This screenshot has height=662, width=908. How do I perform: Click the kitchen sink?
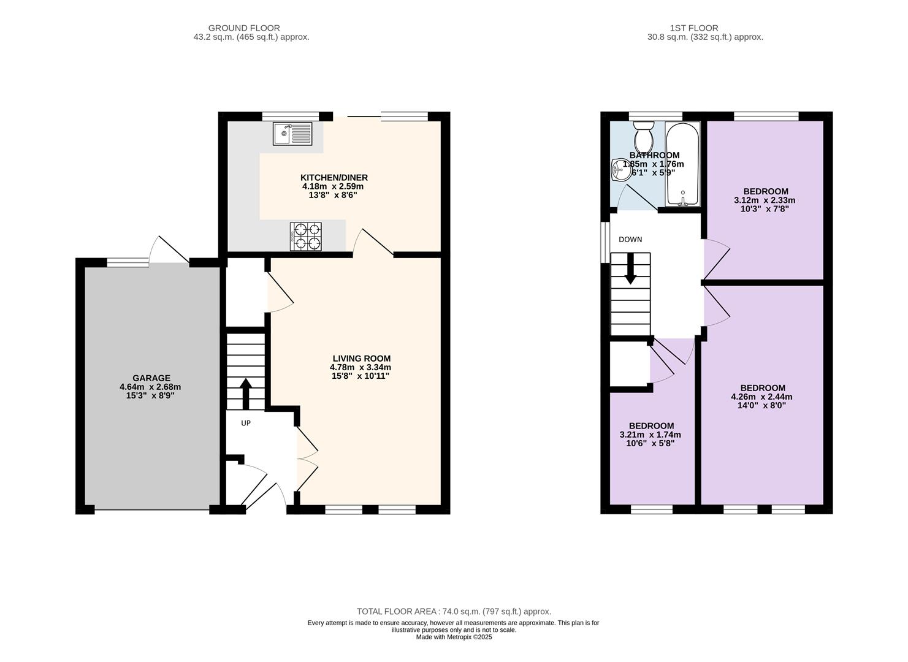tap(292, 134)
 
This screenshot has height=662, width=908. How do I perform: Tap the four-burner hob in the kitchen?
tap(306, 237)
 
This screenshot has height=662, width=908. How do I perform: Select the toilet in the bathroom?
tap(643, 135)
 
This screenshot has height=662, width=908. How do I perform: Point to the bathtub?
tap(682, 164)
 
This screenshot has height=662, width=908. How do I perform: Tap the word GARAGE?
tap(151, 378)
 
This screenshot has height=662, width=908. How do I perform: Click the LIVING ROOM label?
tap(362, 359)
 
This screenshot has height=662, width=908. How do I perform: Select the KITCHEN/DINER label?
tap(334, 178)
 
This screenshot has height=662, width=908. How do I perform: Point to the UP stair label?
tap(246, 423)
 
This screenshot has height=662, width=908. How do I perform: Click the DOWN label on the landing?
tap(630, 240)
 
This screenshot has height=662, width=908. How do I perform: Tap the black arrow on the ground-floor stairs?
tap(245, 394)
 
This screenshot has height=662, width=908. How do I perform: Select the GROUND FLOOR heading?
tap(244, 28)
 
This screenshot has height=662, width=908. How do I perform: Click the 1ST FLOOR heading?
tap(694, 28)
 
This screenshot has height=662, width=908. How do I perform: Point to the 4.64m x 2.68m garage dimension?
tap(150, 387)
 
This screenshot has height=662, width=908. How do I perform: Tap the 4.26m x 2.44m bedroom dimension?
tap(761, 397)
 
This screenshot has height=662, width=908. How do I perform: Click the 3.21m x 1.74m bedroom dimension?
tap(650, 435)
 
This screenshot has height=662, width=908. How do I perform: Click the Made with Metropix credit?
tap(454, 637)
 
